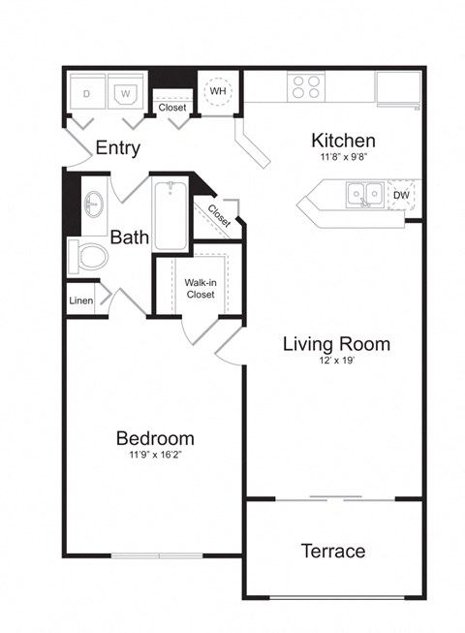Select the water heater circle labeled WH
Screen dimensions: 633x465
[217, 90]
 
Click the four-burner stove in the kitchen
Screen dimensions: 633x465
[306, 87]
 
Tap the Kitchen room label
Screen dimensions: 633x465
[343, 140]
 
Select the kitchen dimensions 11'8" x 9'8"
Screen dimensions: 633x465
[343, 156]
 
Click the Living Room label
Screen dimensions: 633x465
[336, 343]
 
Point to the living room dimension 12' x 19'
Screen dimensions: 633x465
[336, 361]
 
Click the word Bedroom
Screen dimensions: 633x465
[154, 437]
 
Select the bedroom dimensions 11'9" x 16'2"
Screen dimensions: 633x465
[154, 454]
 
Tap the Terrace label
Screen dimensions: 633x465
[332, 551]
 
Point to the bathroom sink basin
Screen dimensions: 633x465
[93, 206]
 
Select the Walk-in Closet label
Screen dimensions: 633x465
[200, 288]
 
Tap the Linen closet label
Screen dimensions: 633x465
[80, 301]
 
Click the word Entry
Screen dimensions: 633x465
[118, 148]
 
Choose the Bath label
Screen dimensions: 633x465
[128, 237]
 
